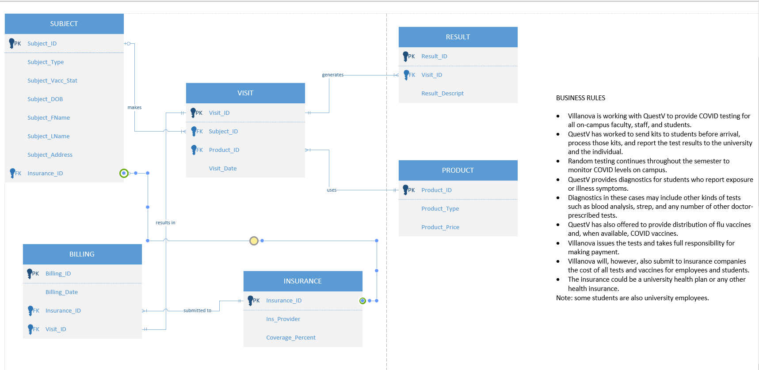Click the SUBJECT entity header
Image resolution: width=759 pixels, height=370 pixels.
click(x=64, y=24)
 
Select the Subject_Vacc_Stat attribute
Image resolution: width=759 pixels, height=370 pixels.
click(x=52, y=81)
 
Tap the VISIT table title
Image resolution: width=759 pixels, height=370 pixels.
click(x=245, y=93)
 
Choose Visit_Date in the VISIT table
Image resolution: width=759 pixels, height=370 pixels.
click(x=223, y=169)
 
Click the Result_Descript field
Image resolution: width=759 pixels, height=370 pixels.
click(x=442, y=94)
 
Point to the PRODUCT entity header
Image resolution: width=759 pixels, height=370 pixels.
click(x=458, y=170)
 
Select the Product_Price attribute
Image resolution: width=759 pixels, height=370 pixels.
click(x=440, y=227)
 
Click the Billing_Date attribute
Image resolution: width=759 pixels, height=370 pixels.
click(x=61, y=292)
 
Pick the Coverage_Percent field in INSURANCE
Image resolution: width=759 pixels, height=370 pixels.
click(x=291, y=338)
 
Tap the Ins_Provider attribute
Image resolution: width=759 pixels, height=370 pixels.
click(x=283, y=319)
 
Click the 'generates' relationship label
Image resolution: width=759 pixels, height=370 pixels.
click(x=332, y=75)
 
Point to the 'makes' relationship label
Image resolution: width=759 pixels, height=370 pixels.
click(x=134, y=108)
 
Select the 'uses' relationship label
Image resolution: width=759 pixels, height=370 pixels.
click(x=332, y=190)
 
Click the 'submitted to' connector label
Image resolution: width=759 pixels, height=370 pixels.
click(x=197, y=311)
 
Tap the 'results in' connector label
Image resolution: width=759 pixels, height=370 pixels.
click(x=165, y=223)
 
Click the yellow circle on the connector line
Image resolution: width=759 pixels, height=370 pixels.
click(x=254, y=241)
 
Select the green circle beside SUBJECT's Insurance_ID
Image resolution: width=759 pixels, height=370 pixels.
click(x=124, y=173)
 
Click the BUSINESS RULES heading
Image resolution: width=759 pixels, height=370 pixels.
click(x=580, y=98)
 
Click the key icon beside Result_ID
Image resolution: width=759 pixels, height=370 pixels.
click(x=405, y=56)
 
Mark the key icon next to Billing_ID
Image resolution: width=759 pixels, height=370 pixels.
click(x=30, y=273)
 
